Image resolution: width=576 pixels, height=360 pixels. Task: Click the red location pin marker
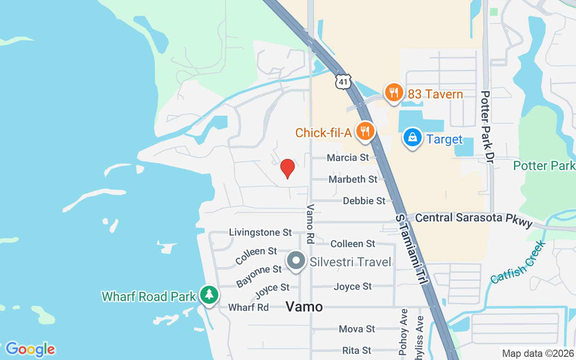tap(288, 168)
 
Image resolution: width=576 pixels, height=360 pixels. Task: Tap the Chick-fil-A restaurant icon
tap(365, 131)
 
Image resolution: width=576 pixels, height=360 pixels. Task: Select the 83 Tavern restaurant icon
tap(394, 93)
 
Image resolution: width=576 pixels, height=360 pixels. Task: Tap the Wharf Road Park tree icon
tap(209, 295)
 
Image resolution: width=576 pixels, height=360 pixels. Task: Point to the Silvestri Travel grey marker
tap(296, 261)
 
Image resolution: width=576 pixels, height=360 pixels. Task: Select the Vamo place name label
tap(305, 307)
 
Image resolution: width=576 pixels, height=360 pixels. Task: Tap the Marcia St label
tap(348, 157)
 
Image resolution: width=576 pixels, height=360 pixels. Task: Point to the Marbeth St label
tap(353, 179)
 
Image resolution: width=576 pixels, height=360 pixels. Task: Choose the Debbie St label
tap(364, 201)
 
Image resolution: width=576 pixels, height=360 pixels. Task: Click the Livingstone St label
tap(261, 233)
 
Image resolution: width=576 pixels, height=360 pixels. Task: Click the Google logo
tap(30, 349)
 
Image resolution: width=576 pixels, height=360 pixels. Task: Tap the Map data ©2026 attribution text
tap(538, 354)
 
